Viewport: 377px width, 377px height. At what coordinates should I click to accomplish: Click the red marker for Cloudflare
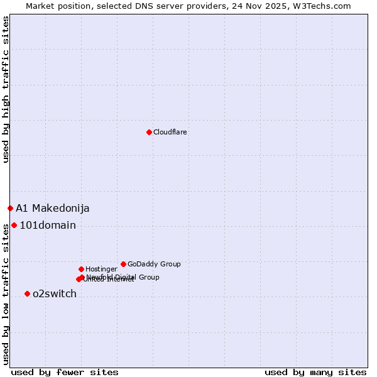[149, 132]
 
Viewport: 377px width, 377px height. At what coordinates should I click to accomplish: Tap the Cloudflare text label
[170, 133]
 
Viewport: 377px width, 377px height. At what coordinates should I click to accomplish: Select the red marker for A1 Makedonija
[10, 208]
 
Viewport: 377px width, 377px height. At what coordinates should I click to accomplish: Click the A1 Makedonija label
[53, 209]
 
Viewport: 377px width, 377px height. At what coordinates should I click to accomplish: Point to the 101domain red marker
[14, 225]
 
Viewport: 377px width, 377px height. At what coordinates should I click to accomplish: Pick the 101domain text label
[48, 226]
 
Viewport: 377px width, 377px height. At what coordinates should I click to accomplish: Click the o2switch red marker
[27, 293]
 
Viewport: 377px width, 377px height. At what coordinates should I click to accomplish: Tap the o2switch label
[55, 294]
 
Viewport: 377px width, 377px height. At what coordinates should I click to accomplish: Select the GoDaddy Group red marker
[123, 264]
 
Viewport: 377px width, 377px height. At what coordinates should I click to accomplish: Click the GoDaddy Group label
[154, 265]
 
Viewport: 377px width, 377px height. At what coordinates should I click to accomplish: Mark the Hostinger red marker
[81, 269]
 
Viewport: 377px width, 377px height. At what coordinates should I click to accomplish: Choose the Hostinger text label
[101, 270]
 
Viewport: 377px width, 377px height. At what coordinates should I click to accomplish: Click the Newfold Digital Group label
[123, 276]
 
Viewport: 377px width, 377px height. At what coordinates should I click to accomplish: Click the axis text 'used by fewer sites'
[65, 373]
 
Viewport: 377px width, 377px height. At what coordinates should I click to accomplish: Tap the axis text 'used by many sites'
[315, 373]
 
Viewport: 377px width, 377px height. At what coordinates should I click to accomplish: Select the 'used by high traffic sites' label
[6, 89]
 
